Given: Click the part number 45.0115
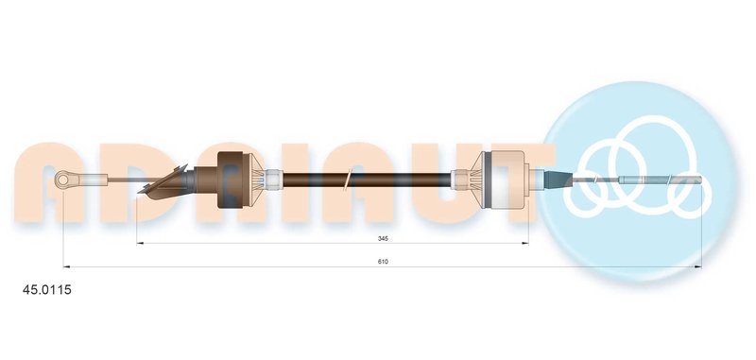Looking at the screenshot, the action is point(47,290).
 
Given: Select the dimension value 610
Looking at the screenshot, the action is point(383,261).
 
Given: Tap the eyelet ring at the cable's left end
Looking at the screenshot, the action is point(62,180).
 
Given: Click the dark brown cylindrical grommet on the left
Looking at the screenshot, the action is point(230,180).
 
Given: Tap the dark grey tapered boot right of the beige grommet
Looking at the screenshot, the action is point(558,180).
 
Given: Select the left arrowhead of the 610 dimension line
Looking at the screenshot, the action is point(67,266).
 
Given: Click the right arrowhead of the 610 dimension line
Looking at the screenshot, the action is point(697,266).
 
